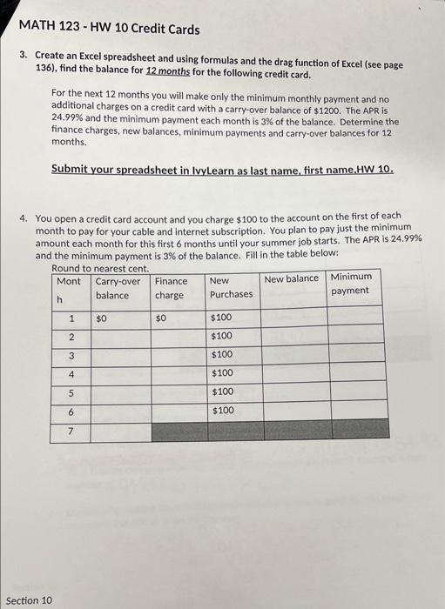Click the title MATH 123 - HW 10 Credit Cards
[x=109, y=30]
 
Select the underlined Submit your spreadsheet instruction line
[x=222, y=170]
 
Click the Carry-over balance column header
[x=118, y=288]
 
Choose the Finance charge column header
[x=171, y=288]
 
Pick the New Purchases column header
[x=230, y=288]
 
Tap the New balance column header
[x=292, y=279]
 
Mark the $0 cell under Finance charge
[x=160, y=318]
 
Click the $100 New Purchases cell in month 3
[x=222, y=355]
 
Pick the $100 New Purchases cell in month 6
[x=222, y=410]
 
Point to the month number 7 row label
[x=71, y=431]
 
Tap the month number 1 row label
[x=71, y=318]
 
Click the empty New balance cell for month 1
[x=292, y=318]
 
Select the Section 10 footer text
[x=30, y=599]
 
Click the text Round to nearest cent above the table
[x=99, y=269]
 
